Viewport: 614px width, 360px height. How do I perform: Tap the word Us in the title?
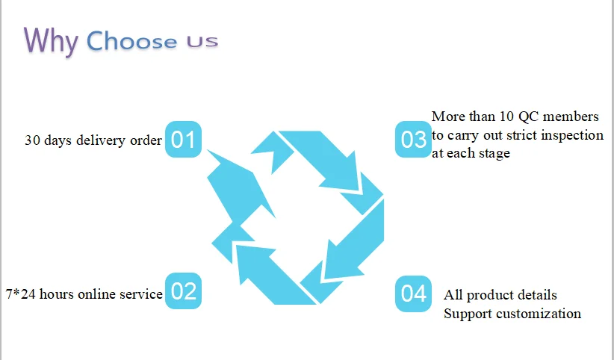click(197, 42)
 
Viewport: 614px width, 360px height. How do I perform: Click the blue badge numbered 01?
click(183, 140)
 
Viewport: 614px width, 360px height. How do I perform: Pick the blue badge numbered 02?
click(183, 291)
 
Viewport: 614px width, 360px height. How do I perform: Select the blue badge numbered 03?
click(413, 140)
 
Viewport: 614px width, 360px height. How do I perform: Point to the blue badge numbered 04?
click(413, 294)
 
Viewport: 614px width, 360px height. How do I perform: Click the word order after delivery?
click(146, 140)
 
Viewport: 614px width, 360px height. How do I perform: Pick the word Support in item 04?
click(466, 314)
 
